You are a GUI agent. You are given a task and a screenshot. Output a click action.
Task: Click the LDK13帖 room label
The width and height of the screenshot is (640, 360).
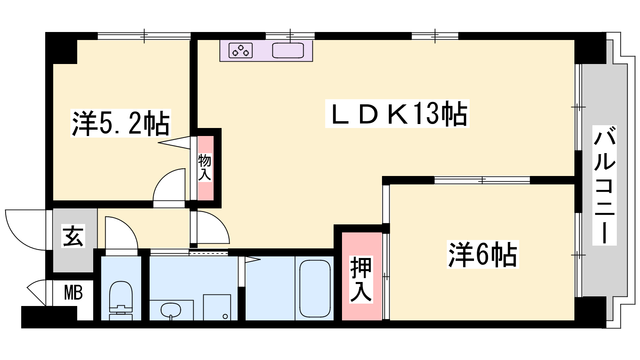(x=397, y=114)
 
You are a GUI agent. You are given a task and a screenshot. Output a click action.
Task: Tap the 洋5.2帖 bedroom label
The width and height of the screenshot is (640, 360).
(x=120, y=123)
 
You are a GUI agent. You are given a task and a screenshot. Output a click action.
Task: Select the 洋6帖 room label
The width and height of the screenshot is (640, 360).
(x=483, y=254)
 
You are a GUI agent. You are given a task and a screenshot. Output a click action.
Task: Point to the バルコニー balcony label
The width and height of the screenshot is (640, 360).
(x=604, y=185)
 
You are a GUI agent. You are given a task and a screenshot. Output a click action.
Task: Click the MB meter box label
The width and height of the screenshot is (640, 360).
(x=74, y=292)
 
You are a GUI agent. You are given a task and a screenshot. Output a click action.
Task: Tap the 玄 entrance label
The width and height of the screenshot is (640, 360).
(x=73, y=236)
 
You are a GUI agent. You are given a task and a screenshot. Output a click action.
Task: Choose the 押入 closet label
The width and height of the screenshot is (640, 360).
(x=361, y=280)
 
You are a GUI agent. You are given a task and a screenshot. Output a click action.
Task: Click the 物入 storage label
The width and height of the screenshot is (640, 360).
(x=204, y=167)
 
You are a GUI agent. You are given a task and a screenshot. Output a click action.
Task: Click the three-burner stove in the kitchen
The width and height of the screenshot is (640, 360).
(x=240, y=50)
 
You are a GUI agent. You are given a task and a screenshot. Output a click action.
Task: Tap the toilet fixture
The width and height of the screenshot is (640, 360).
(x=121, y=300)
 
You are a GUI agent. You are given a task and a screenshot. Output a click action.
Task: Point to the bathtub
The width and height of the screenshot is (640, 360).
(x=315, y=288)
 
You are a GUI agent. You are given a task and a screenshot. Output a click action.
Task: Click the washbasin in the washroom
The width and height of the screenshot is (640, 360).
(x=170, y=310)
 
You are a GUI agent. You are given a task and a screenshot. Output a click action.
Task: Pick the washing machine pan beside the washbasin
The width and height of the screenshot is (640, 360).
(x=217, y=308)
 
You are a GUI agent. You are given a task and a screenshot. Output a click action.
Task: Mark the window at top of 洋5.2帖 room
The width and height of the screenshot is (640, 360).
(x=144, y=36)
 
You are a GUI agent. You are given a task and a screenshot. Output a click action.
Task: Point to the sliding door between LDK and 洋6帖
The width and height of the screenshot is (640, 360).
(x=482, y=180)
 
